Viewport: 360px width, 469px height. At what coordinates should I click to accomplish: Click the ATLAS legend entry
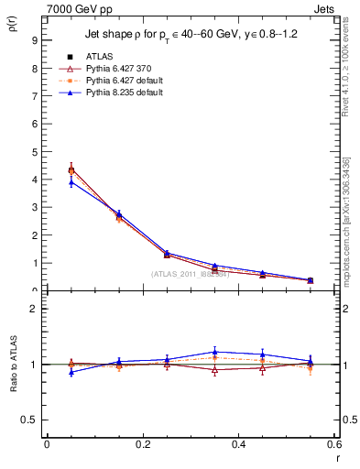point(99,57)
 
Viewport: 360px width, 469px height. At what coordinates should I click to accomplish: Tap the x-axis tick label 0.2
point(142,444)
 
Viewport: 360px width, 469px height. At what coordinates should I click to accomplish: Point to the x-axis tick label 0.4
point(238,444)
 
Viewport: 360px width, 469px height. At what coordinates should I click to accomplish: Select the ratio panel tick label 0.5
point(30,420)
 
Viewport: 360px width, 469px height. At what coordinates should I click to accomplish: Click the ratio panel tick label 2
point(34,309)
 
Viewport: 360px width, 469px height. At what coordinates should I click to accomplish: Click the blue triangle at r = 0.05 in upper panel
point(71,181)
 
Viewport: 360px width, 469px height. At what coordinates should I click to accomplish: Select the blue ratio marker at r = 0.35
point(214,352)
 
